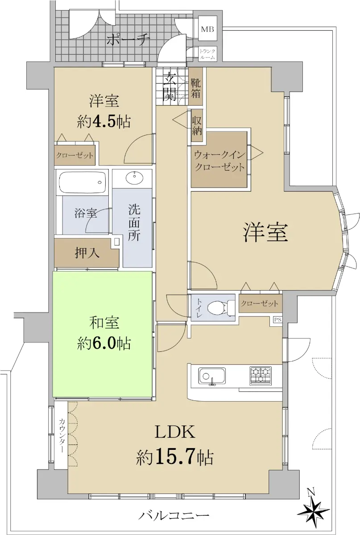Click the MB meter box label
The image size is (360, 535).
click(x=207, y=29)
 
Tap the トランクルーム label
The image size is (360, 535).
click(x=207, y=54)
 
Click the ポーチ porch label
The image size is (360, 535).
click(x=128, y=40)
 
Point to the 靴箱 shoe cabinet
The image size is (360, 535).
click(x=195, y=86)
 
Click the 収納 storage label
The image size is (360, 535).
click(x=197, y=126)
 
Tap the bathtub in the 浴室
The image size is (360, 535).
click(x=83, y=182)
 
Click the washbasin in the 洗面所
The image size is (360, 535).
click(x=135, y=178)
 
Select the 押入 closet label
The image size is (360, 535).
click(x=87, y=252)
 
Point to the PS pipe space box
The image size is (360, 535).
click(x=277, y=320)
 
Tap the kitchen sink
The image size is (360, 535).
click(x=212, y=376)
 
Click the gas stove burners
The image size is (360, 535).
click(x=261, y=376)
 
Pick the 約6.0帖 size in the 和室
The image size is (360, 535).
click(x=104, y=344)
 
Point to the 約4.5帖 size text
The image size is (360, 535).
click(x=104, y=122)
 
